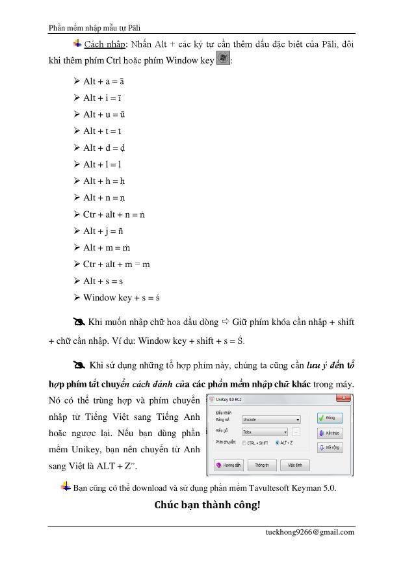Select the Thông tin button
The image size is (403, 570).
(262, 465)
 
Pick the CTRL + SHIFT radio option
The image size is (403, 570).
(244, 443)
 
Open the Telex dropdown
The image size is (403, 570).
(264, 432)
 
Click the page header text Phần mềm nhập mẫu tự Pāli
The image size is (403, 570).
(96, 27)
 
